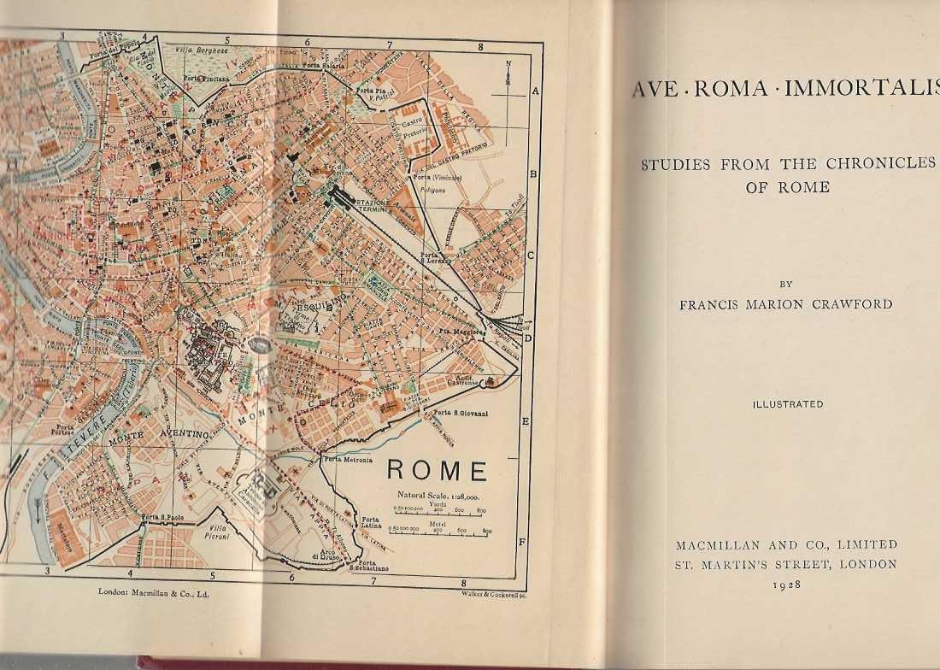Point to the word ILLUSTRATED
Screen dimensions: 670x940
point(788,404)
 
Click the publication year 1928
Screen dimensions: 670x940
point(787,584)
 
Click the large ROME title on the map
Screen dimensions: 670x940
point(438,471)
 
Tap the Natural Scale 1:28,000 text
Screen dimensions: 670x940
point(438,496)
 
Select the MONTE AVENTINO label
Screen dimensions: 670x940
point(159,438)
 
